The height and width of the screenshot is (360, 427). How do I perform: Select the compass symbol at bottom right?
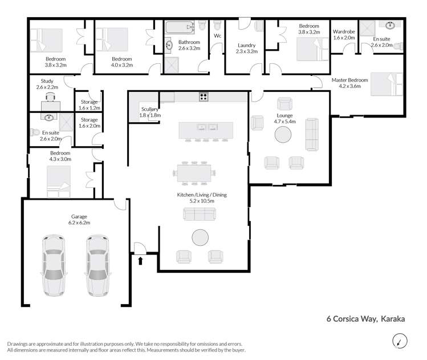400,342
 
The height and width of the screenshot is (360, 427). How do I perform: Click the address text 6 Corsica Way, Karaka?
365,319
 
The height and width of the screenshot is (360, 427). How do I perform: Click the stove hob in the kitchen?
202,96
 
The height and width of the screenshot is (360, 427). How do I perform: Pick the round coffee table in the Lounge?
283,135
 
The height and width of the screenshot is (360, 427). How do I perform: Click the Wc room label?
217,36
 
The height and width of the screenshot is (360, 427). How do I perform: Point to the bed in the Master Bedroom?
386,84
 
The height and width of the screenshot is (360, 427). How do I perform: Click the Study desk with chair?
50,103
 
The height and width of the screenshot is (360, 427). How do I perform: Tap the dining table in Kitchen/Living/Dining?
194,172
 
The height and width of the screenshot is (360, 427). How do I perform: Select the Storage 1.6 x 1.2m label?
90,104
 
